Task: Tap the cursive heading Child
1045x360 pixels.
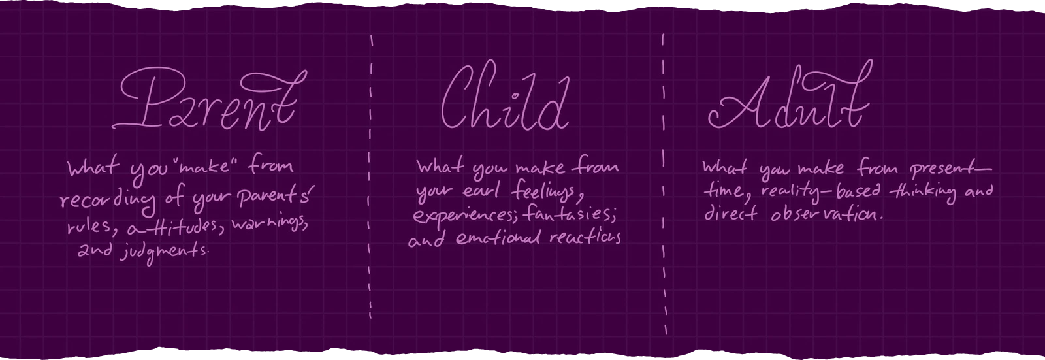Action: [x=503, y=101]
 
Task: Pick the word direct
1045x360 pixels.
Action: [x=729, y=214]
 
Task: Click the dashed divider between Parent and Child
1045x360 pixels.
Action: [x=371, y=176]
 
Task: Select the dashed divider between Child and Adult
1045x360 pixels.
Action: [x=664, y=176]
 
